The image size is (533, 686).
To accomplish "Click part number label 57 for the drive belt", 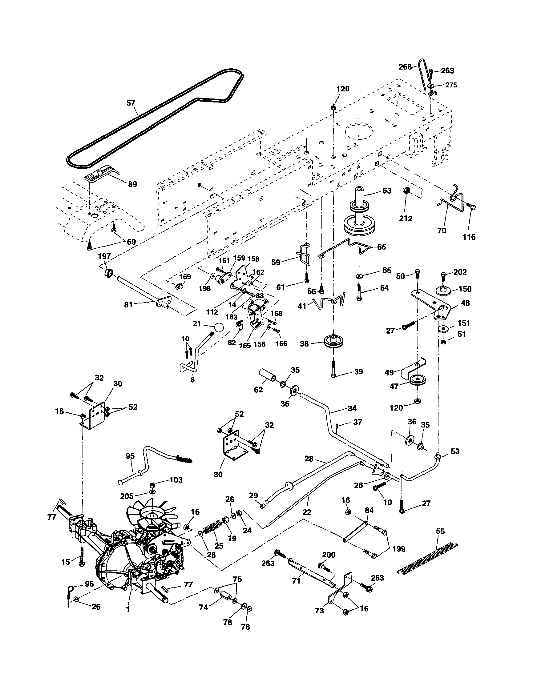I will tap(131, 103).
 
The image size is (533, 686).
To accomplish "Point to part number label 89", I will tap(133, 184).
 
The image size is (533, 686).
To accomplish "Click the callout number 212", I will tap(406, 218).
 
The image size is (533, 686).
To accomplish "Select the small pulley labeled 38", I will tap(333, 342).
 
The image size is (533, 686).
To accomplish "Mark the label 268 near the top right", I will tap(405, 67).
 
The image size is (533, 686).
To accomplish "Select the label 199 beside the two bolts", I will tap(399, 549).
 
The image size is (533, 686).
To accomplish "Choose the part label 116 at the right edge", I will tap(469, 237).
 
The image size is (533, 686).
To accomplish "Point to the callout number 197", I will tap(104, 256).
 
